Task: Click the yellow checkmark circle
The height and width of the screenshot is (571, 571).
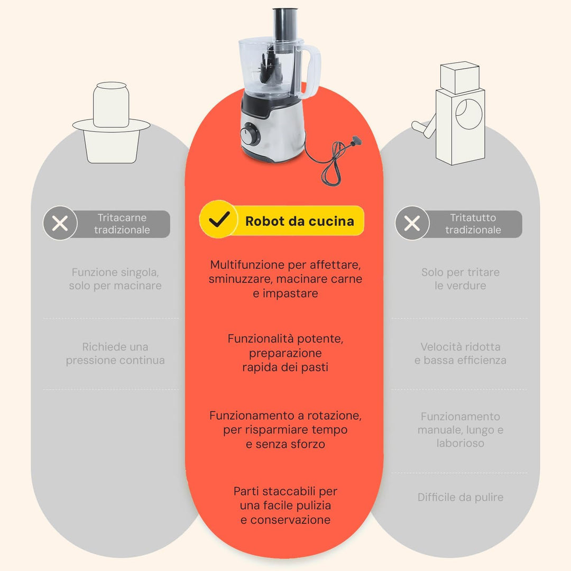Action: pyautogui.click(x=218, y=219)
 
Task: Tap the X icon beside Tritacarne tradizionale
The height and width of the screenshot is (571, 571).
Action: pyautogui.click(x=60, y=223)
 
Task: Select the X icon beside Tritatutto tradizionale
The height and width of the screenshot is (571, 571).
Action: pyautogui.click(x=412, y=223)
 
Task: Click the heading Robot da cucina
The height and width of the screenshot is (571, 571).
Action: pyautogui.click(x=300, y=221)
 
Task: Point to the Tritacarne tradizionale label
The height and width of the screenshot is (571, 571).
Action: pyautogui.click(x=122, y=224)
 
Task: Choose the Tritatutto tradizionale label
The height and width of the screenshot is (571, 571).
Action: pyautogui.click(x=473, y=224)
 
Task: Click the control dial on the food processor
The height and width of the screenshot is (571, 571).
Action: pyautogui.click(x=250, y=134)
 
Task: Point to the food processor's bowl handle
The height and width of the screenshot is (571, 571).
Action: pyautogui.click(x=311, y=71)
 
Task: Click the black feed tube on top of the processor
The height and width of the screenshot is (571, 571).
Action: pyautogui.click(x=285, y=23)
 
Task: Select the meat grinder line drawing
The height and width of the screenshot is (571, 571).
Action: pyautogui.click(x=111, y=122)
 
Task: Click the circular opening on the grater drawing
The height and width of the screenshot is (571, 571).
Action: pyautogui.click(x=468, y=114)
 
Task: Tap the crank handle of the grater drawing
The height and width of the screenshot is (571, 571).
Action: pyautogui.click(x=424, y=126)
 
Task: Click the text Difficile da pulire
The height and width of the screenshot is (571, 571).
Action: pyautogui.click(x=461, y=497)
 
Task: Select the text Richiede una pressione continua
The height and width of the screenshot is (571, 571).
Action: pyautogui.click(x=115, y=353)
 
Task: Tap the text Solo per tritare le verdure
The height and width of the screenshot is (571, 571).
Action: pyautogui.click(x=461, y=279)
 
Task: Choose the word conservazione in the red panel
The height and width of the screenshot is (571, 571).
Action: pyautogui.click(x=290, y=520)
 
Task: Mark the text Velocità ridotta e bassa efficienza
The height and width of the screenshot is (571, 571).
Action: pyautogui.click(x=461, y=353)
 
